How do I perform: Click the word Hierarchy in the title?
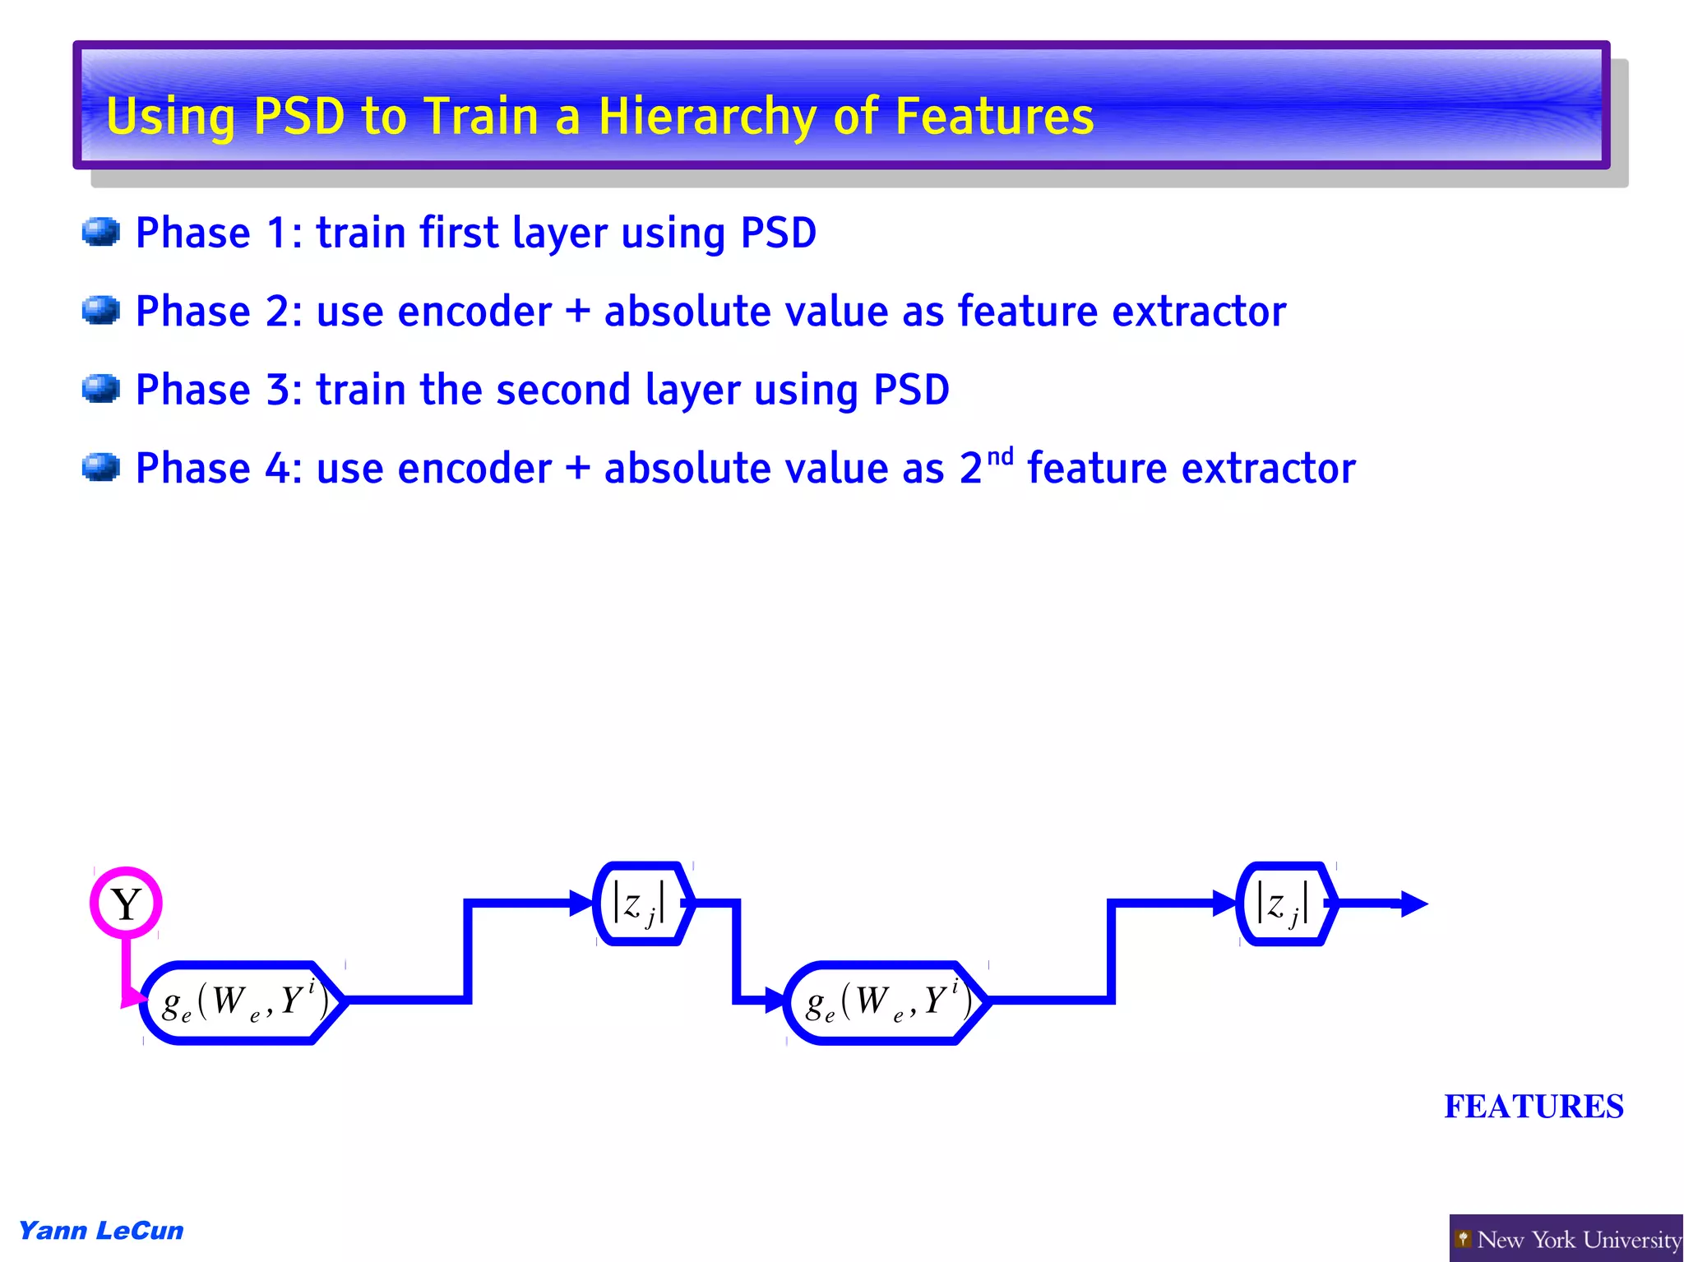tap(706, 117)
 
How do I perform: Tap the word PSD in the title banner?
tap(299, 116)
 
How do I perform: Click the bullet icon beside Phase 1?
tap(101, 232)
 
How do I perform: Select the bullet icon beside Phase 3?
tap(101, 389)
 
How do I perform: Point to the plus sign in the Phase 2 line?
tap(578, 312)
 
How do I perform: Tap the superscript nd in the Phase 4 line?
tap(1000, 456)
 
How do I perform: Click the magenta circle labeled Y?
tap(126, 903)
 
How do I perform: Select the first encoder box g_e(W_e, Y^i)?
tap(242, 1002)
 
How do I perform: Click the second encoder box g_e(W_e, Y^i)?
tap(885, 1002)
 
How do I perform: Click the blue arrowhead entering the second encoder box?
tap(775, 1001)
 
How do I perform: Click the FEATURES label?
tap(1534, 1107)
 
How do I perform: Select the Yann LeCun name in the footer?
tap(101, 1230)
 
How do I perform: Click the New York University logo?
tap(1566, 1238)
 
